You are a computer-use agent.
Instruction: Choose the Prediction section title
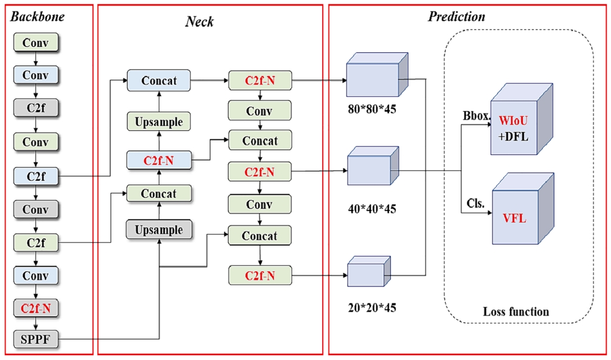(457, 16)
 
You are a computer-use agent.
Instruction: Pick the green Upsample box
(158, 122)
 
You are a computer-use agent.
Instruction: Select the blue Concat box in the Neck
(158, 81)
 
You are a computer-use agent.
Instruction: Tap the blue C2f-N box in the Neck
(158, 161)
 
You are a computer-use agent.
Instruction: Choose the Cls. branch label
(475, 204)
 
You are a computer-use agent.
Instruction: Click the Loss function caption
(516, 312)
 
